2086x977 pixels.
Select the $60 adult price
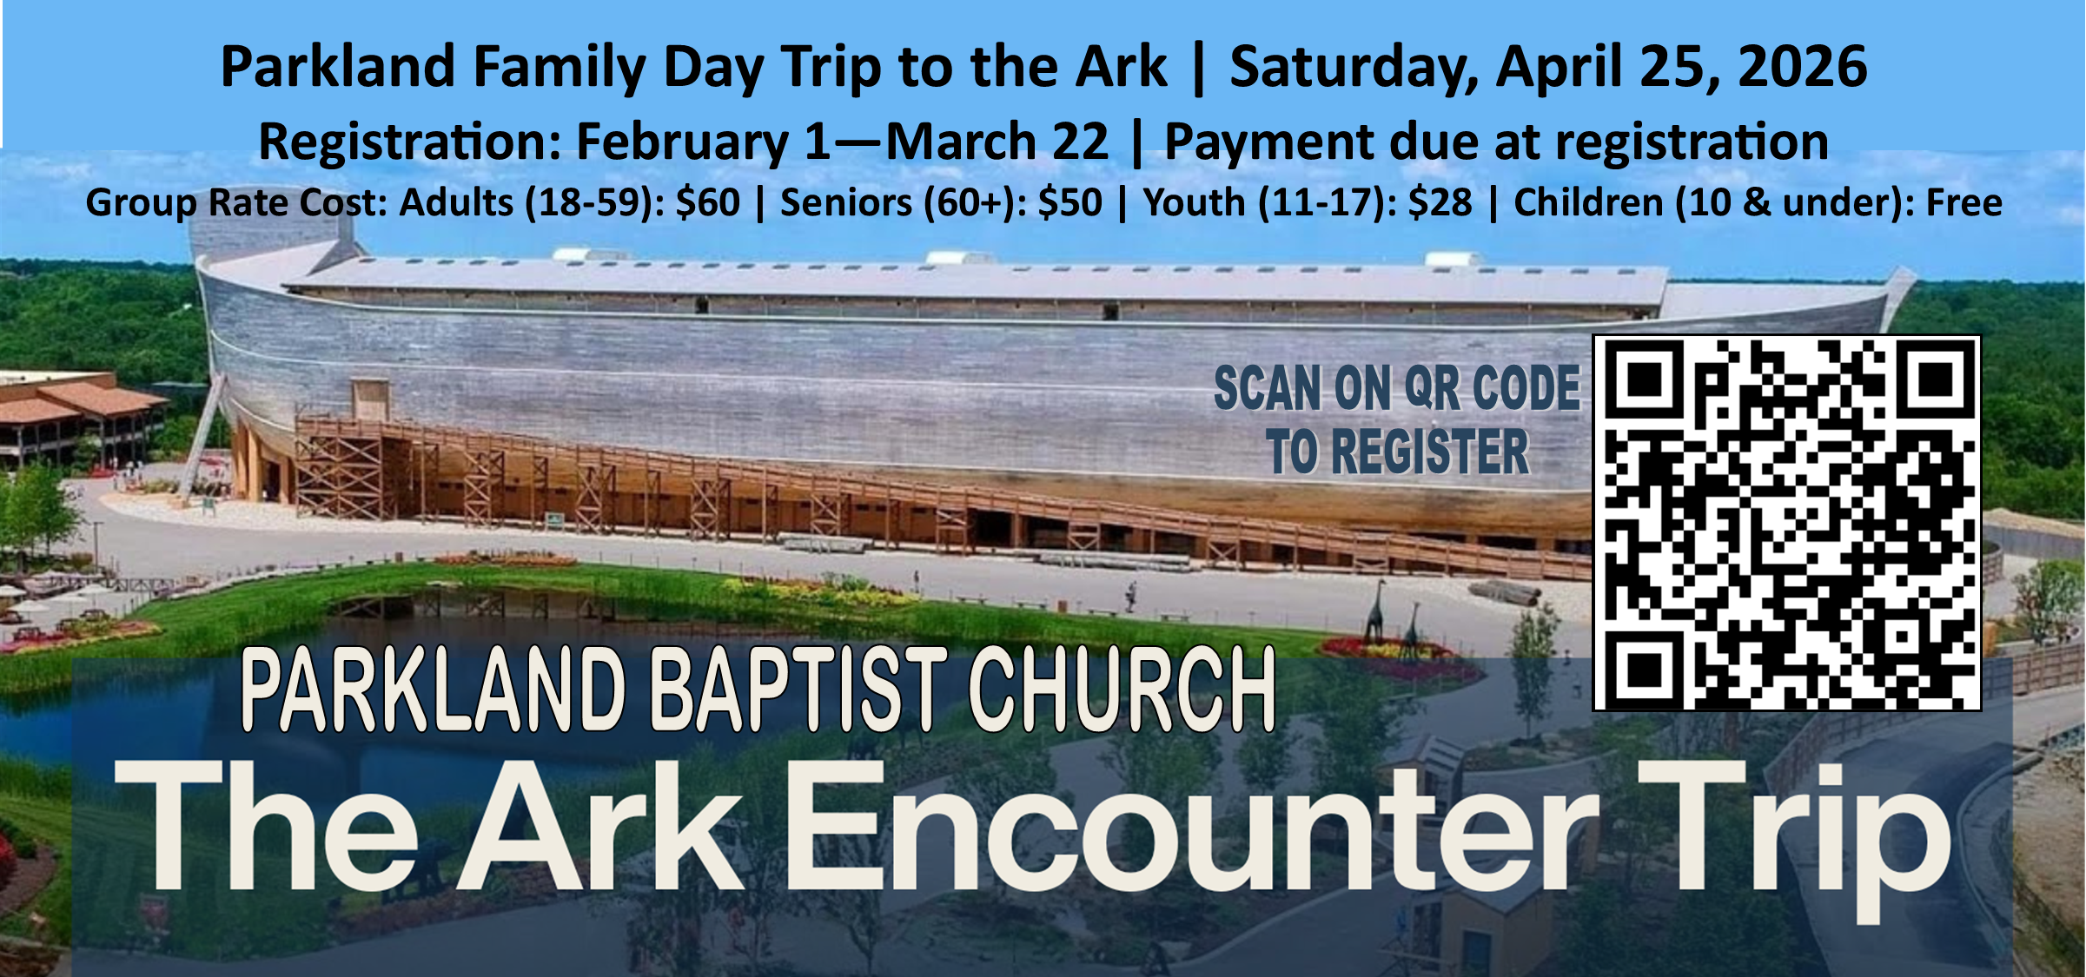click(707, 203)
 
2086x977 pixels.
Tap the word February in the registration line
click(682, 142)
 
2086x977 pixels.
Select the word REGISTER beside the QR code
click(1430, 452)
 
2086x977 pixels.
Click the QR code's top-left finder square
click(1644, 379)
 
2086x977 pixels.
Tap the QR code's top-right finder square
click(1936, 379)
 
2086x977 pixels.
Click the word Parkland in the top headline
click(338, 67)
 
